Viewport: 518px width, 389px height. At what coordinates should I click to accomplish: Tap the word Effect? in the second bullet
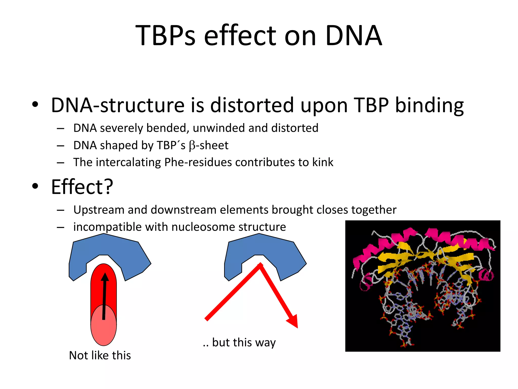[82, 187]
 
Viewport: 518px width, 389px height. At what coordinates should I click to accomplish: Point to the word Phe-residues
[198, 162]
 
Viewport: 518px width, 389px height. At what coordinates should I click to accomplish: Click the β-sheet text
[209, 145]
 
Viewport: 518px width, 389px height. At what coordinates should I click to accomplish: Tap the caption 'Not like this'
[100, 355]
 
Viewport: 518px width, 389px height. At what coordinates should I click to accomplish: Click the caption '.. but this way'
[239, 342]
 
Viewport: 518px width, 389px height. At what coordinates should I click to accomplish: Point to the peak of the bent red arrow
[260, 265]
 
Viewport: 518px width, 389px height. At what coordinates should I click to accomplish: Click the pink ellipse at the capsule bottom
[104, 329]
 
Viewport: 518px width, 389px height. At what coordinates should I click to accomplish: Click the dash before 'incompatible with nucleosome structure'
[60, 227]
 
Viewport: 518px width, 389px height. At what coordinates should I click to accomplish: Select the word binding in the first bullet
[429, 105]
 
